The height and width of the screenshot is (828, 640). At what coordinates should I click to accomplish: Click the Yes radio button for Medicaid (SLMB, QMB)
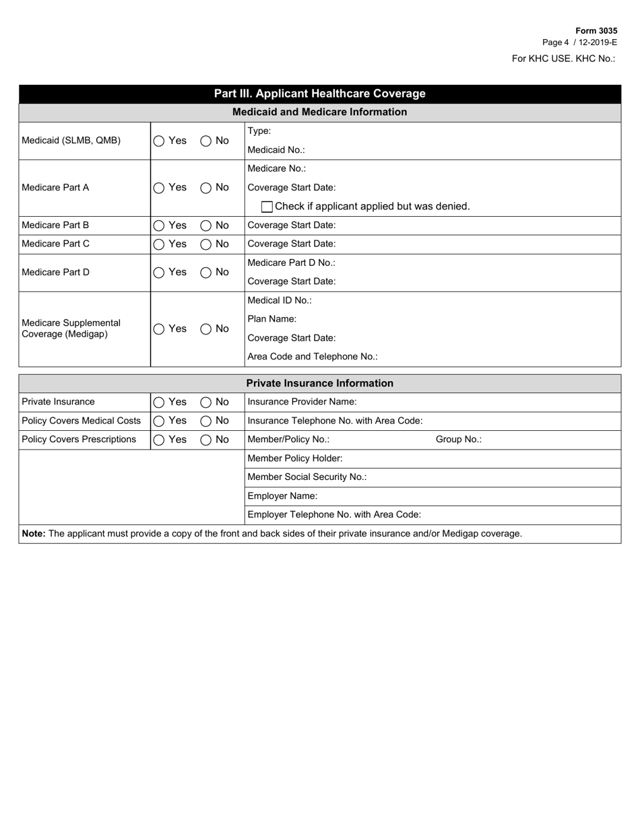pos(159,141)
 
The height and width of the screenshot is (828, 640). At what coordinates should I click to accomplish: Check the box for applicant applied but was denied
pos(267,207)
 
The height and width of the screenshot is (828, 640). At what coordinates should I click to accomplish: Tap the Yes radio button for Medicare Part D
pos(159,273)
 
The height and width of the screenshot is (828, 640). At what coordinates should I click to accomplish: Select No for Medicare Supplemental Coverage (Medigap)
pos(206,330)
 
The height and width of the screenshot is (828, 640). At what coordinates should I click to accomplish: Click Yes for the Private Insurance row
pos(159,403)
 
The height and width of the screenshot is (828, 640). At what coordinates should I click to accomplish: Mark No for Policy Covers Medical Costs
pos(206,421)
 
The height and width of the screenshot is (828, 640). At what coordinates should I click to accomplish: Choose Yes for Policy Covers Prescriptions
pos(159,440)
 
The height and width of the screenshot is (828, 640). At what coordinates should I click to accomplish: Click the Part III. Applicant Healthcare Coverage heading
pos(319,94)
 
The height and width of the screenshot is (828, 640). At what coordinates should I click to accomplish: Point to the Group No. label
pos(458,440)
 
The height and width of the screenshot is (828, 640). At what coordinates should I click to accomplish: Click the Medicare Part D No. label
pos(291,263)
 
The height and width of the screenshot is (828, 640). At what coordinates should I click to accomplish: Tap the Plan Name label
pos(272,319)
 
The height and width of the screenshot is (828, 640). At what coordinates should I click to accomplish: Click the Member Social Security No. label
pos(307,477)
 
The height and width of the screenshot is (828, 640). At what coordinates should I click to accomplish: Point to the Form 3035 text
pos(596,31)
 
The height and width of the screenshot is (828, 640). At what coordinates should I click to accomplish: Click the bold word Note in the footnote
pos(34,534)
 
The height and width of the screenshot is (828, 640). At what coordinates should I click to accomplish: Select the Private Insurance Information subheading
pos(319,384)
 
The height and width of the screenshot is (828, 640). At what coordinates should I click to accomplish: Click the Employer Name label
pos(282,496)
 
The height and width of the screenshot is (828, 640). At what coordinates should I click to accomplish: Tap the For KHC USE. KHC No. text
pos(563,59)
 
